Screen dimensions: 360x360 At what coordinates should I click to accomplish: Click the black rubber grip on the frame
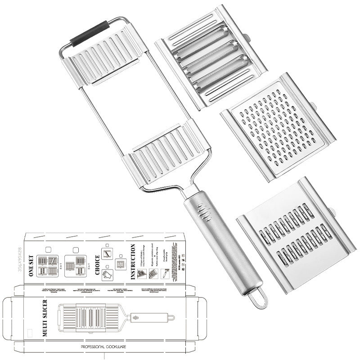pos(90,33)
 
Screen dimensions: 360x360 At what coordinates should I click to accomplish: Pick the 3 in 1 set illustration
pos(75,266)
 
